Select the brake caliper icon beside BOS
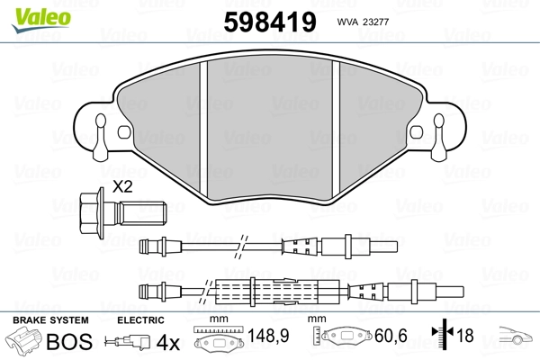[x=25, y=343]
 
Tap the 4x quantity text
[x=166, y=342]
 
